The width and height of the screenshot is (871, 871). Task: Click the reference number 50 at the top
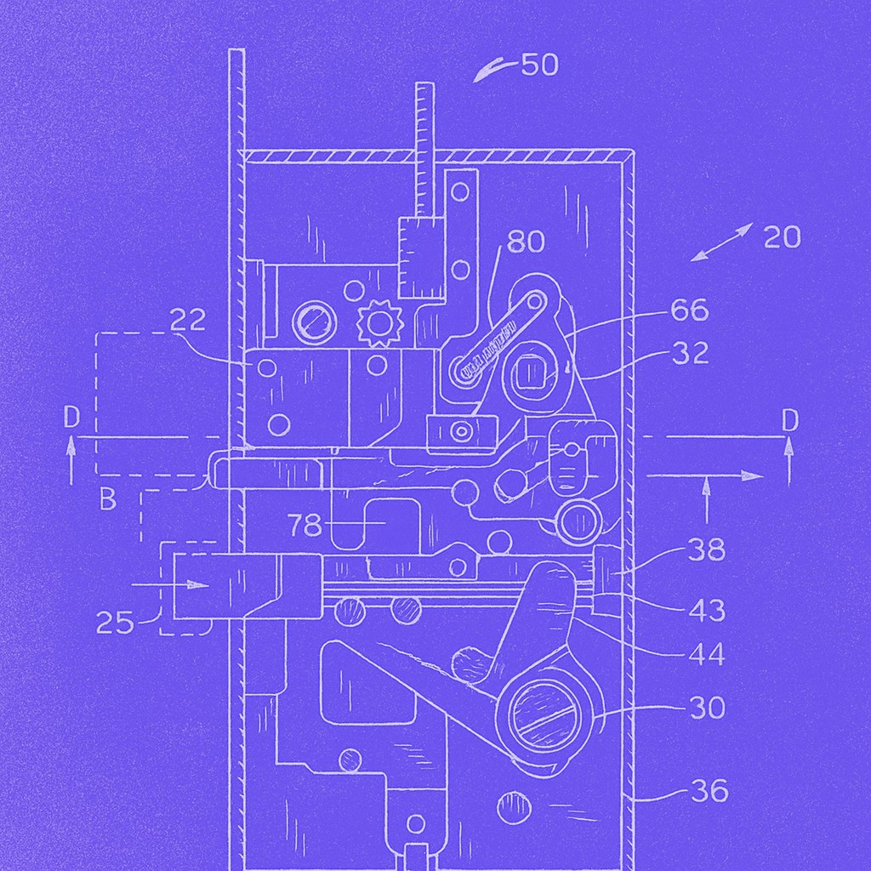tap(539, 65)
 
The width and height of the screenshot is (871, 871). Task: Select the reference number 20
tap(783, 237)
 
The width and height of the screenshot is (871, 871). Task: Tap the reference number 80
tap(526, 242)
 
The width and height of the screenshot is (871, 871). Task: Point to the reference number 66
tap(689, 310)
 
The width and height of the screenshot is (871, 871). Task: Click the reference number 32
tap(691, 353)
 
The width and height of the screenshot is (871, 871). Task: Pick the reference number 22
tap(187, 320)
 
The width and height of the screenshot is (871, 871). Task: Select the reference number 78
tap(305, 524)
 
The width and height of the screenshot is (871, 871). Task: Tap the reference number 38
tap(707, 550)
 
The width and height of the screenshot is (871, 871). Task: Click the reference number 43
tap(707, 611)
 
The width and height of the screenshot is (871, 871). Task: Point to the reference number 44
tap(707, 655)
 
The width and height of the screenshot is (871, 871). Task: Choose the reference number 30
tap(708, 709)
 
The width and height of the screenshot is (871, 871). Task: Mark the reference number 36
tap(709, 790)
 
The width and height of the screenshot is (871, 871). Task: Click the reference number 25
tap(115, 623)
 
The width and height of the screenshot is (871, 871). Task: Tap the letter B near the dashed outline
tap(108, 498)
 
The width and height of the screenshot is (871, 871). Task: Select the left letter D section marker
tap(71, 418)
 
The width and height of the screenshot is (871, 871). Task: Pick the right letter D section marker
tap(789, 421)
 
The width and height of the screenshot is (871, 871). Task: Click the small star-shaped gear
tap(379, 323)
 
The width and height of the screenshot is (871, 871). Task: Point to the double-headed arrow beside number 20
tap(721, 242)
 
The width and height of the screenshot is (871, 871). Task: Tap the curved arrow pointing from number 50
tap(496, 71)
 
